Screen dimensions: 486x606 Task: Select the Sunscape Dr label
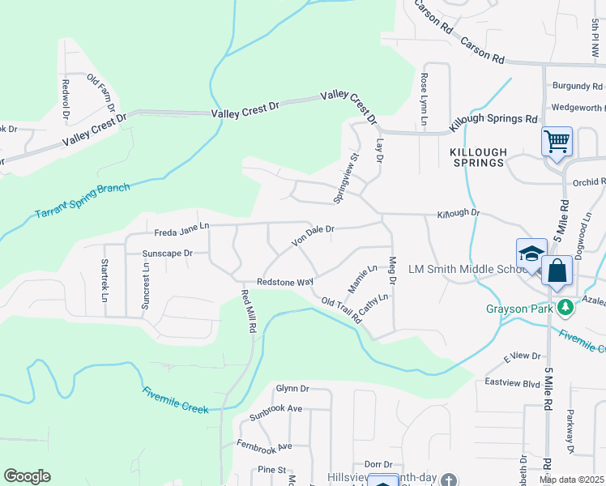point(167,254)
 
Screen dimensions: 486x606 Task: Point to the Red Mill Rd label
point(248,312)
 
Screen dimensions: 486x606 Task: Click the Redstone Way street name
point(284,282)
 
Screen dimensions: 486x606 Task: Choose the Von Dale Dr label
point(313,234)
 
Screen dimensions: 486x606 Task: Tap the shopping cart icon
point(557,143)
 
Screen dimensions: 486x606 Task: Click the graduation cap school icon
point(531,254)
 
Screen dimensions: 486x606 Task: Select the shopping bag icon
point(557,271)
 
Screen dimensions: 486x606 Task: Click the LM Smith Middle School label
point(459,269)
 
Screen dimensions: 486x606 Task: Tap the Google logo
point(27,476)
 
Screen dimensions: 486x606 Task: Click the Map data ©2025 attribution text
point(571,480)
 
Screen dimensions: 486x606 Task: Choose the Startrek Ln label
point(104,280)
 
